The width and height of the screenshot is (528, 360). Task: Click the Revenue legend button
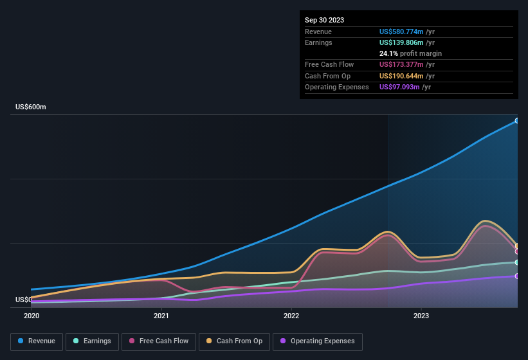(x=37, y=341)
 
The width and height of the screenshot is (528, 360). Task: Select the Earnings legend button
(x=92, y=341)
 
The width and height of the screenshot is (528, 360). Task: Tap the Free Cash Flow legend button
(x=159, y=341)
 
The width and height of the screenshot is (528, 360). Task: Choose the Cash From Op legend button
(x=233, y=341)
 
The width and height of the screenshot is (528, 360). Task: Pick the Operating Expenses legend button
(x=317, y=341)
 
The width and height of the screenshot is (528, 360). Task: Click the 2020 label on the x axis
(x=32, y=316)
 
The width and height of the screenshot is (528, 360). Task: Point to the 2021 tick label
(x=161, y=316)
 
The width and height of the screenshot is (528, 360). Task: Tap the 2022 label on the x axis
(x=291, y=316)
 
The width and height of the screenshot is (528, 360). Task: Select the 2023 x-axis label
(x=421, y=316)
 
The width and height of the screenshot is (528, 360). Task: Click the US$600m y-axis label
(x=31, y=107)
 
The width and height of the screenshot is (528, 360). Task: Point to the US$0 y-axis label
(x=24, y=300)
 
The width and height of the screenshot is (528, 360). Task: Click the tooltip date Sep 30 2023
(x=324, y=20)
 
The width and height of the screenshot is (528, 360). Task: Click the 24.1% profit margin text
(x=410, y=53)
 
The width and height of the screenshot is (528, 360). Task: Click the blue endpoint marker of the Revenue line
(x=516, y=121)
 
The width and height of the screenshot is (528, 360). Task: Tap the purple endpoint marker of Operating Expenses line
(x=516, y=276)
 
